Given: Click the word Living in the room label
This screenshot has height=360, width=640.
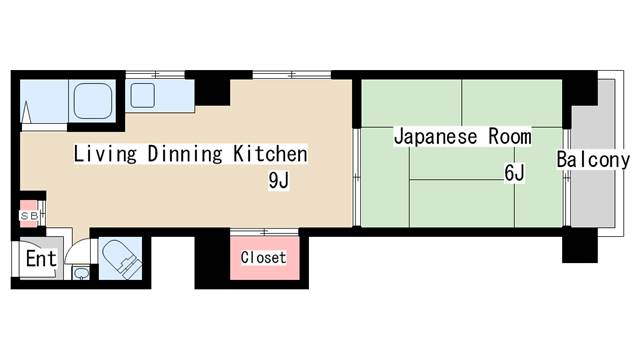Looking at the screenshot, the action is [x=105, y=154].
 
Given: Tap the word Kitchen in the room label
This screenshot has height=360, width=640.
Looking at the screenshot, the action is [x=270, y=154].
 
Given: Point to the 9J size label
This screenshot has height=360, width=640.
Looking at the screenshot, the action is [x=279, y=180].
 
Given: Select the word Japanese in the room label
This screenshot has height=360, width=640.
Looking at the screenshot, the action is [x=435, y=137].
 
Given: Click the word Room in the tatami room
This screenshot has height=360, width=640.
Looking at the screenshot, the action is [x=510, y=136].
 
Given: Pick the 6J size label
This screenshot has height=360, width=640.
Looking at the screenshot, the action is [x=514, y=173].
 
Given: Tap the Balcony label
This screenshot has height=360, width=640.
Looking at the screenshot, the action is [x=593, y=160].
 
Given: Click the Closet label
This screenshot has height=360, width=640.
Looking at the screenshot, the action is [x=263, y=257].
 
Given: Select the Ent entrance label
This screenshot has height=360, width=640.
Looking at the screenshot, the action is [x=41, y=259].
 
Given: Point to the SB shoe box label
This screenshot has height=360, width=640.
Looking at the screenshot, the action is [x=29, y=216].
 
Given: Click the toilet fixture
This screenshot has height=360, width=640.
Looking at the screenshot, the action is [x=121, y=258].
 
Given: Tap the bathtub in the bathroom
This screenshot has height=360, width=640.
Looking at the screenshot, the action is [x=93, y=100].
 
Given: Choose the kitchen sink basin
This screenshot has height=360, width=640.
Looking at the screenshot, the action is [x=142, y=96].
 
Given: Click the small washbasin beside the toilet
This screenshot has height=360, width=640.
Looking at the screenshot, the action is [x=81, y=273].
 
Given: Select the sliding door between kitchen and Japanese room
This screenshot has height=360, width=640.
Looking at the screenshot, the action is [x=356, y=178].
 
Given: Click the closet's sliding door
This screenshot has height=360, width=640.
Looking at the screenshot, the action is [x=264, y=233].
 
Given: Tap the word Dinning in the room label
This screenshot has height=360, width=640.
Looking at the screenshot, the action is [x=184, y=154].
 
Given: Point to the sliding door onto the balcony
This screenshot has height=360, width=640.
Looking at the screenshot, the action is [x=567, y=178].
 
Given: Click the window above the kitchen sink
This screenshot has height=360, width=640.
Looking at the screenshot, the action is [x=155, y=75].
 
